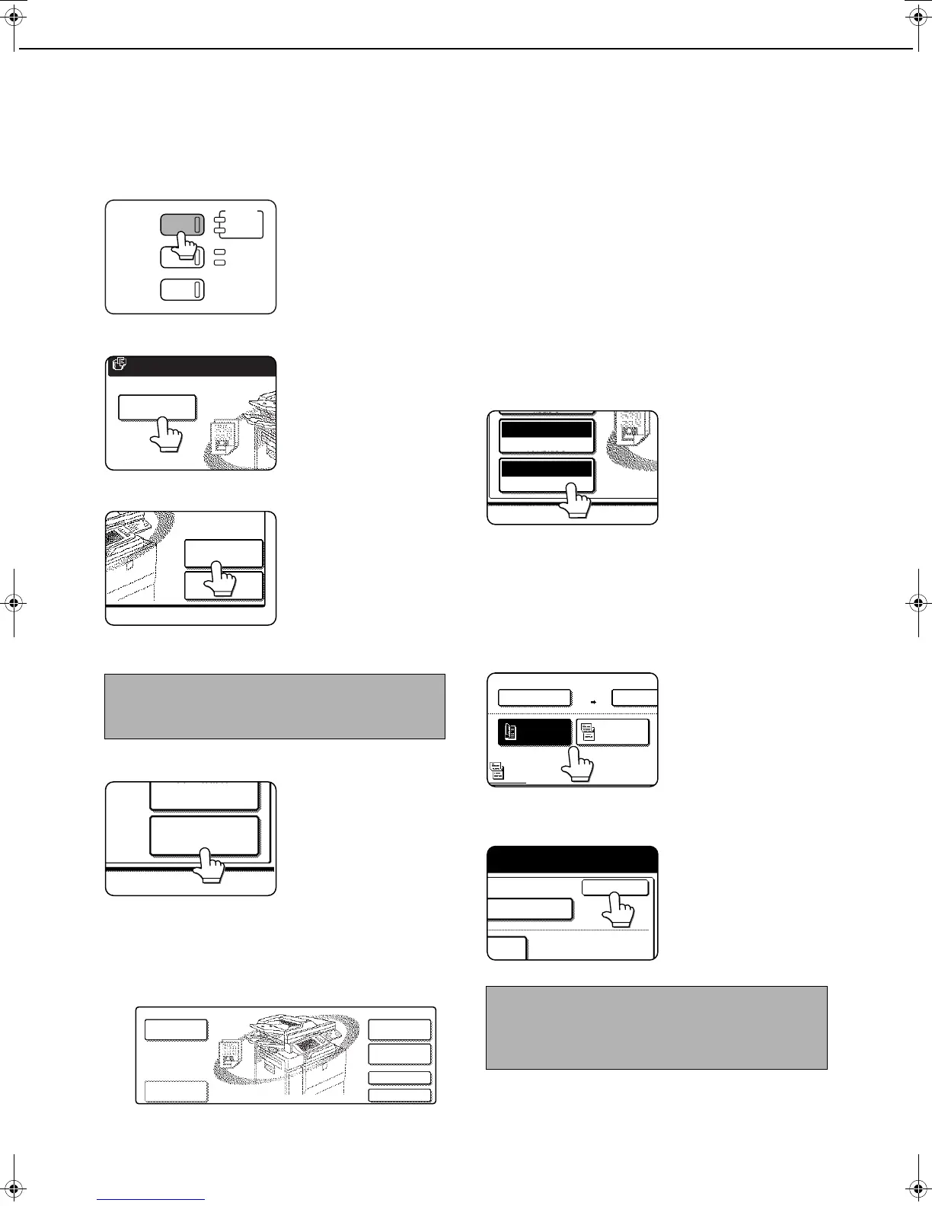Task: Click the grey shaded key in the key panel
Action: tap(177, 224)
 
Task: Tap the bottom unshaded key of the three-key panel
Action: tap(182, 290)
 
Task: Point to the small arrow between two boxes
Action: tap(592, 700)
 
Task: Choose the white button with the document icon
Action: tap(612, 732)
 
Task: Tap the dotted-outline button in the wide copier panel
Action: tap(175, 1091)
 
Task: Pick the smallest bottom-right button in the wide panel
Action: tap(399, 1095)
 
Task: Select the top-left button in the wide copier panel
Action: tap(175, 1029)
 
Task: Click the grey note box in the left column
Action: tap(274, 706)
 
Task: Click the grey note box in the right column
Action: tap(656, 1028)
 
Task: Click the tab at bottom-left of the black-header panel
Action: tap(506, 949)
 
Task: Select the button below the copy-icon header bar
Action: tap(157, 407)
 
